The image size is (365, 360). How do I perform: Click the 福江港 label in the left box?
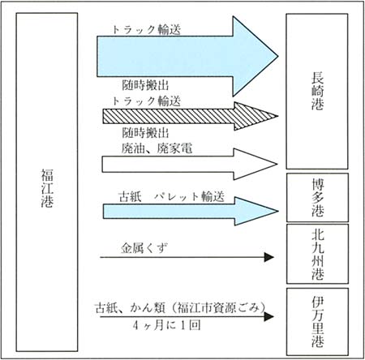coord(47,188)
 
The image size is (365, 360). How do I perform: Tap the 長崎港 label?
coord(317,91)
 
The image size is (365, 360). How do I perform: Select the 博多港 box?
coord(317,198)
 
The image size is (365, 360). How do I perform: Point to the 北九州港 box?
coord(317,254)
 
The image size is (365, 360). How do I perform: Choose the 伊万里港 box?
coord(317,322)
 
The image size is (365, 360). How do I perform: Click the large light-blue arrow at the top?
coord(187,57)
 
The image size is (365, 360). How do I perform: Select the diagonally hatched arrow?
coord(191,116)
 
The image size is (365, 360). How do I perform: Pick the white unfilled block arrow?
coord(190,164)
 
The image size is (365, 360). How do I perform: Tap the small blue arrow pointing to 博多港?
coord(191,211)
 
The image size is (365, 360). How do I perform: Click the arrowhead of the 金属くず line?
coord(269,257)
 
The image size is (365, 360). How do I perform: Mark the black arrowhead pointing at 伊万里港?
coord(269,316)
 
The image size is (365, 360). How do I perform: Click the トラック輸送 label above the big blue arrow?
coord(146,29)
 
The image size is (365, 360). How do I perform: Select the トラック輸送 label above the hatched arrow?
coord(146,101)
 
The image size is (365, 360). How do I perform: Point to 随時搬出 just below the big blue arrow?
coord(145,85)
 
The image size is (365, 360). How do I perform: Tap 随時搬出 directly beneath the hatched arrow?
coord(145,133)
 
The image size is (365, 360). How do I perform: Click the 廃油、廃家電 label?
coord(157,148)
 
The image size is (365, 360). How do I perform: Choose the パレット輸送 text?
coord(189,196)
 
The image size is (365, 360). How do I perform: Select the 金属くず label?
coord(144,248)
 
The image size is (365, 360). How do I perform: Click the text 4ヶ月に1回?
coord(167,325)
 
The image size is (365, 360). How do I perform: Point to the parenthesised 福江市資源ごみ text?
coord(218,308)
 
